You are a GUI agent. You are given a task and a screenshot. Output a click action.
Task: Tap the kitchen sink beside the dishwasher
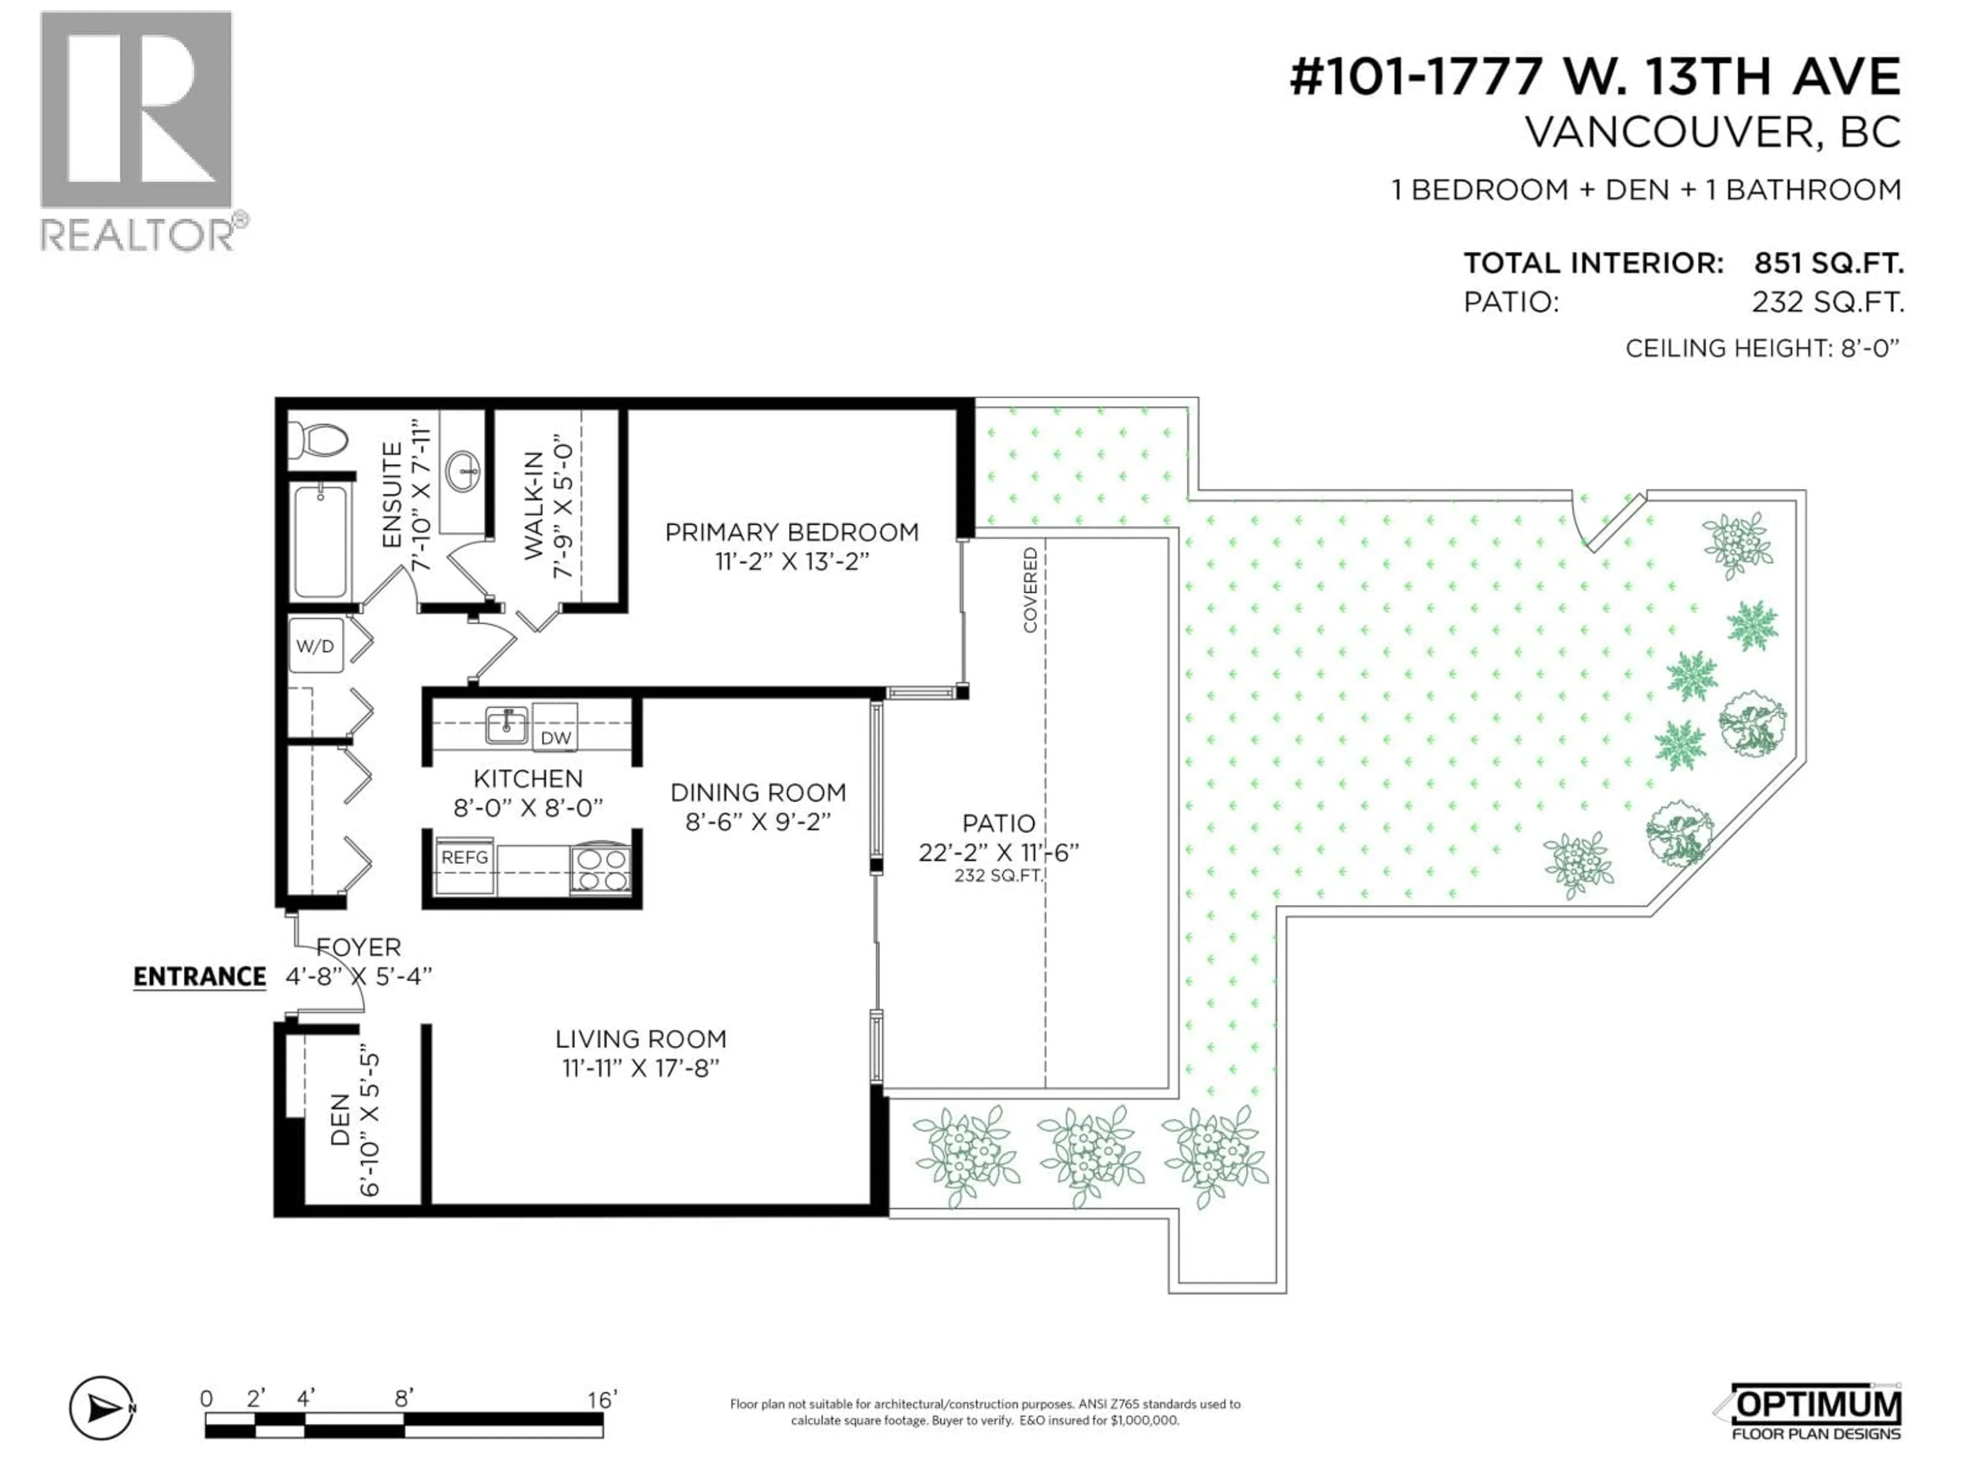pos(506,724)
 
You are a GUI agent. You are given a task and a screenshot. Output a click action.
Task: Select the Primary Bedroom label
pos(791,533)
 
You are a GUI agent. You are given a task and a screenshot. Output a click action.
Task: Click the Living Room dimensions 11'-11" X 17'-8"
pos(641,1068)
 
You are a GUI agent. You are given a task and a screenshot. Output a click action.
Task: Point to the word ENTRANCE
pos(199,976)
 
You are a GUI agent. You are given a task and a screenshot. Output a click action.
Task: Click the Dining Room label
pos(757,792)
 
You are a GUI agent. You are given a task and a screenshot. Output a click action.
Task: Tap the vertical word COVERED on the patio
pos(1030,590)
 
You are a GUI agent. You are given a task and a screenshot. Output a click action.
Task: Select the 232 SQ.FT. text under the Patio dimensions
pos(998,876)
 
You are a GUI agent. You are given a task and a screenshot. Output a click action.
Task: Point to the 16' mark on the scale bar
pos(601,1400)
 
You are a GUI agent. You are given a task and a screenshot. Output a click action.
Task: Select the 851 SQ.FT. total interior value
pos(1828,263)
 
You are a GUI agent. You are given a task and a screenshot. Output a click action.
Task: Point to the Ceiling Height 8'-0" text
pos(1761,348)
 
